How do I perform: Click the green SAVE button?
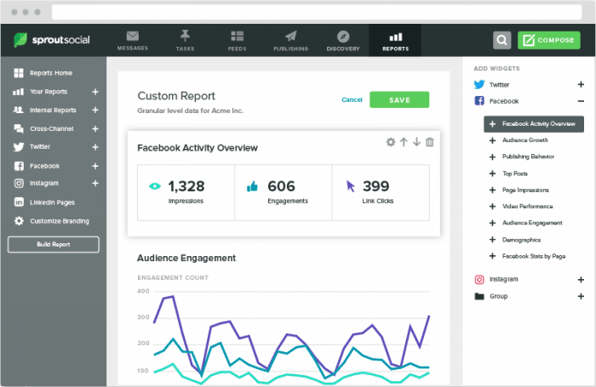399,100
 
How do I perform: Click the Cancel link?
352,100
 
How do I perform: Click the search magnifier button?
501,40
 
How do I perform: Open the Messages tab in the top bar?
133,41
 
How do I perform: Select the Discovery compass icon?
343,37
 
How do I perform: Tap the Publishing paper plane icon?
291,37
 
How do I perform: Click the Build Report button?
53,245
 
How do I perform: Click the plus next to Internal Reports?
95,110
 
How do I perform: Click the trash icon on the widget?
429,142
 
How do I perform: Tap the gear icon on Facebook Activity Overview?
390,142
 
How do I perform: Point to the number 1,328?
186,186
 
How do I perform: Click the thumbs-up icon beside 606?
252,186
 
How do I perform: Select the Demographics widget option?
521,240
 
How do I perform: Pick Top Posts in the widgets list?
515,174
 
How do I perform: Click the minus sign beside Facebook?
581,101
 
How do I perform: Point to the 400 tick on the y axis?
143,291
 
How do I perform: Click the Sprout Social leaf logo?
20,40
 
